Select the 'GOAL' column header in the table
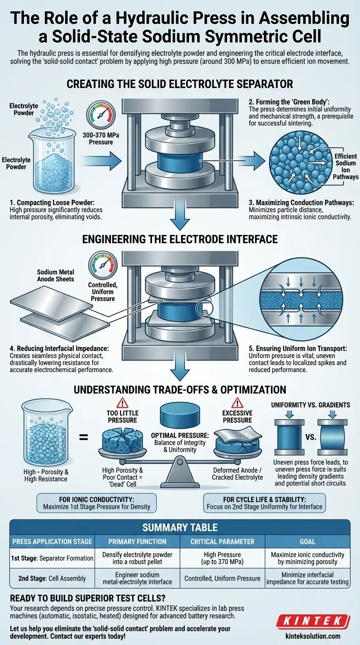click(x=307, y=541)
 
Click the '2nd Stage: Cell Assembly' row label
click(x=52, y=578)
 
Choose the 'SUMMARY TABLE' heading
click(x=180, y=527)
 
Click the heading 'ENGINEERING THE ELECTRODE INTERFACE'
click(x=180, y=240)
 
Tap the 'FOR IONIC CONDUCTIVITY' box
click(x=97, y=502)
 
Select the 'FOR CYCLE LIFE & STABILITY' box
click(x=264, y=502)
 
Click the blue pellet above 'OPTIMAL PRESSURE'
click(x=180, y=415)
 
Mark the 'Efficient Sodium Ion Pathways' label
click(x=346, y=166)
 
